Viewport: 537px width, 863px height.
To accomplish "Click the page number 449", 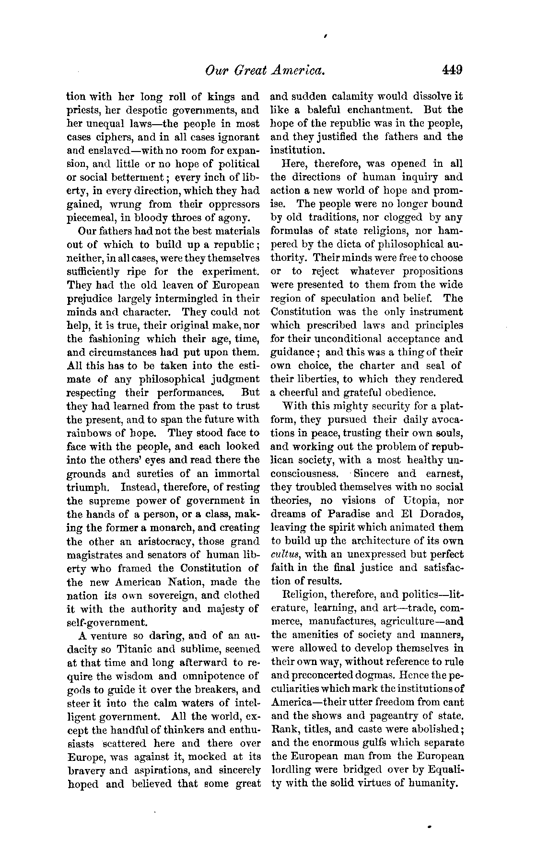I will coord(452,70).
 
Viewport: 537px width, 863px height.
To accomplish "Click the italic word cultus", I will coord(286,555).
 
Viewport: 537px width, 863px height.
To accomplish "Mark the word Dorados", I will coord(440,514).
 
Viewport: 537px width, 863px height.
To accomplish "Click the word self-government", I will coord(106,623).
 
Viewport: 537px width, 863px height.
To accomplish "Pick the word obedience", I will coord(410,393).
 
